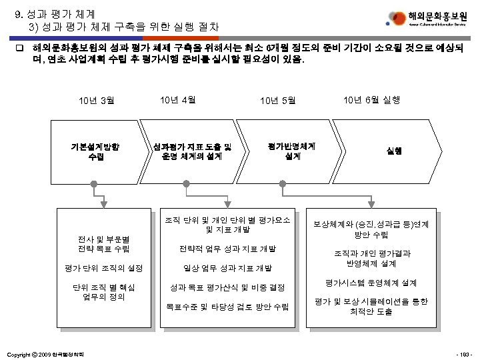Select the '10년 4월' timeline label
point(177,100)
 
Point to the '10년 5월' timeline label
point(278,101)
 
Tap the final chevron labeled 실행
point(393,151)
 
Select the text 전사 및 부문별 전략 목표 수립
point(103,243)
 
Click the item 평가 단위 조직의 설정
point(103,268)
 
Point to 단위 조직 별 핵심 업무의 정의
point(103,292)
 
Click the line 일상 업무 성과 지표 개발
point(228,268)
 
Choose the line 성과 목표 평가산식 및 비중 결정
point(227,287)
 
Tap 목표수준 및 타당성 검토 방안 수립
point(227,307)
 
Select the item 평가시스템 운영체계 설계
point(371,282)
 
